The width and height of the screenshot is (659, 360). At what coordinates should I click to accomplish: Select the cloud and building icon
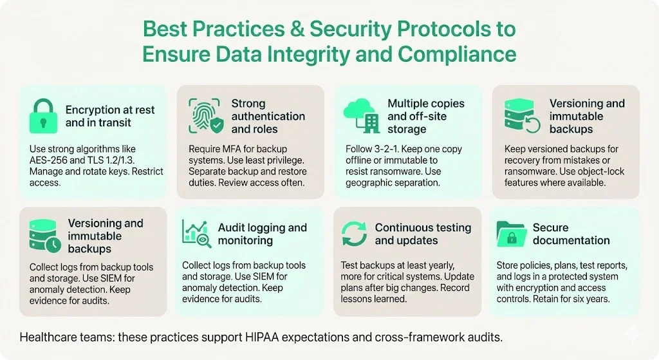pyautogui.click(x=360, y=117)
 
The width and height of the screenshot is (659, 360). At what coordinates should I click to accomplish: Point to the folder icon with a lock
pyautogui.click(x=512, y=234)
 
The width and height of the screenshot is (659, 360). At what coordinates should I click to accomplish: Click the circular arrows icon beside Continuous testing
pyautogui.click(x=354, y=234)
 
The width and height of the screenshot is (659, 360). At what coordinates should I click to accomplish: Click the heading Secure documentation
pyautogui.click(x=571, y=234)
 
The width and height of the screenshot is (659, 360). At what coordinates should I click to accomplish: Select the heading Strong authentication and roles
pyautogui.click(x=268, y=116)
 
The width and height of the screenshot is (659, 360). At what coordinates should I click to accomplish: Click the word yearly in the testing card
pyautogui.click(x=441, y=265)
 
